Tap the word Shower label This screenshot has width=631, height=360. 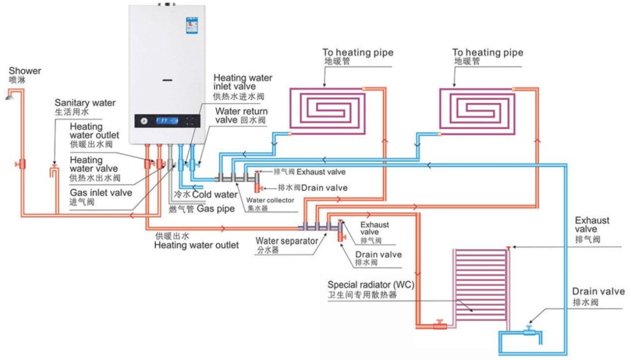tap(25, 71)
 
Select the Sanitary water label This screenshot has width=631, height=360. tap(85, 103)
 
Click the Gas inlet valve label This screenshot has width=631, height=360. tap(101, 192)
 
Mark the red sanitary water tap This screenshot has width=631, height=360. tap(54, 173)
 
